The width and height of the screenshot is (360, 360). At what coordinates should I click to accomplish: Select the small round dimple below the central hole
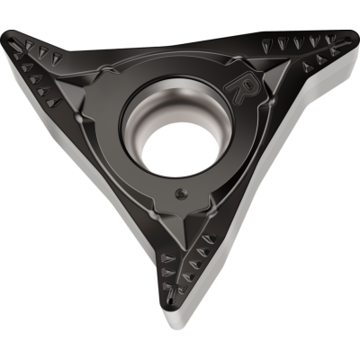[x=181, y=193]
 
